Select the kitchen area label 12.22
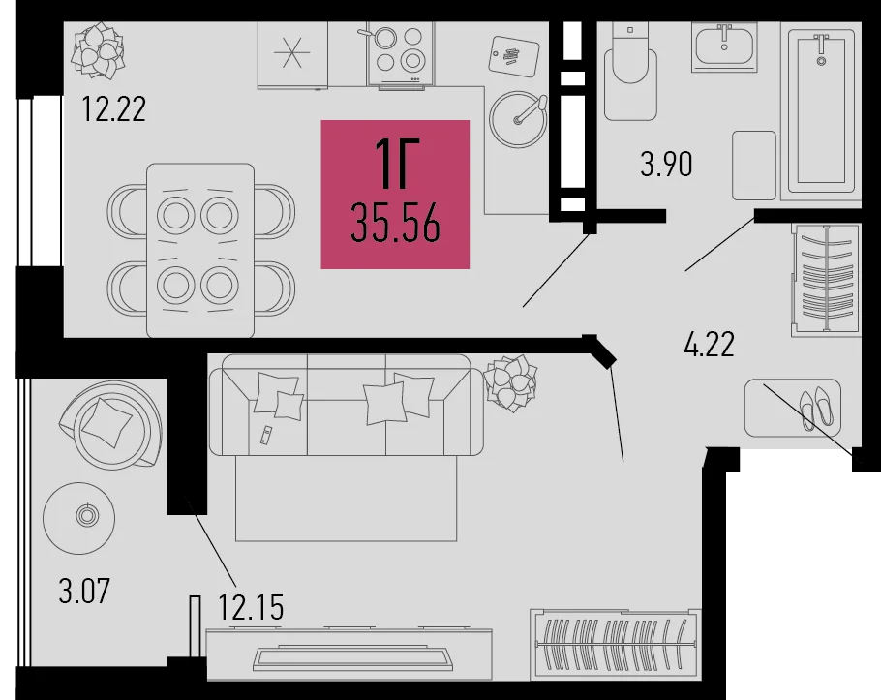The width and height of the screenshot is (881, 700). click(x=114, y=109)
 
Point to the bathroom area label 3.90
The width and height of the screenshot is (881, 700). click(x=666, y=164)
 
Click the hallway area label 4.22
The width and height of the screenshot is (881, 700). click(x=709, y=345)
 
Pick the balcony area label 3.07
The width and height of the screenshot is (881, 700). click(x=84, y=591)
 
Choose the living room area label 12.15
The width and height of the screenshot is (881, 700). click(x=251, y=607)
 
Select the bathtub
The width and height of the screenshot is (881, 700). click(x=821, y=111)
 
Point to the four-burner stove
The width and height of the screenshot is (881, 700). click(x=401, y=54)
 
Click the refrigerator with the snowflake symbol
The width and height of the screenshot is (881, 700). click(x=292, y=55)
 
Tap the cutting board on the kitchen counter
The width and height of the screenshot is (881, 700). click(x=514, y=56)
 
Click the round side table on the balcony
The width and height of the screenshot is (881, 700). click(x=79, y=518)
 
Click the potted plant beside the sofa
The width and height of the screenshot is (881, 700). click(x=510, y=383)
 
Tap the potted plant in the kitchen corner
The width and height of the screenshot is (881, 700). click(x=98, y=50)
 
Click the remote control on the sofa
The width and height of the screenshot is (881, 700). click(x=266, y=436)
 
